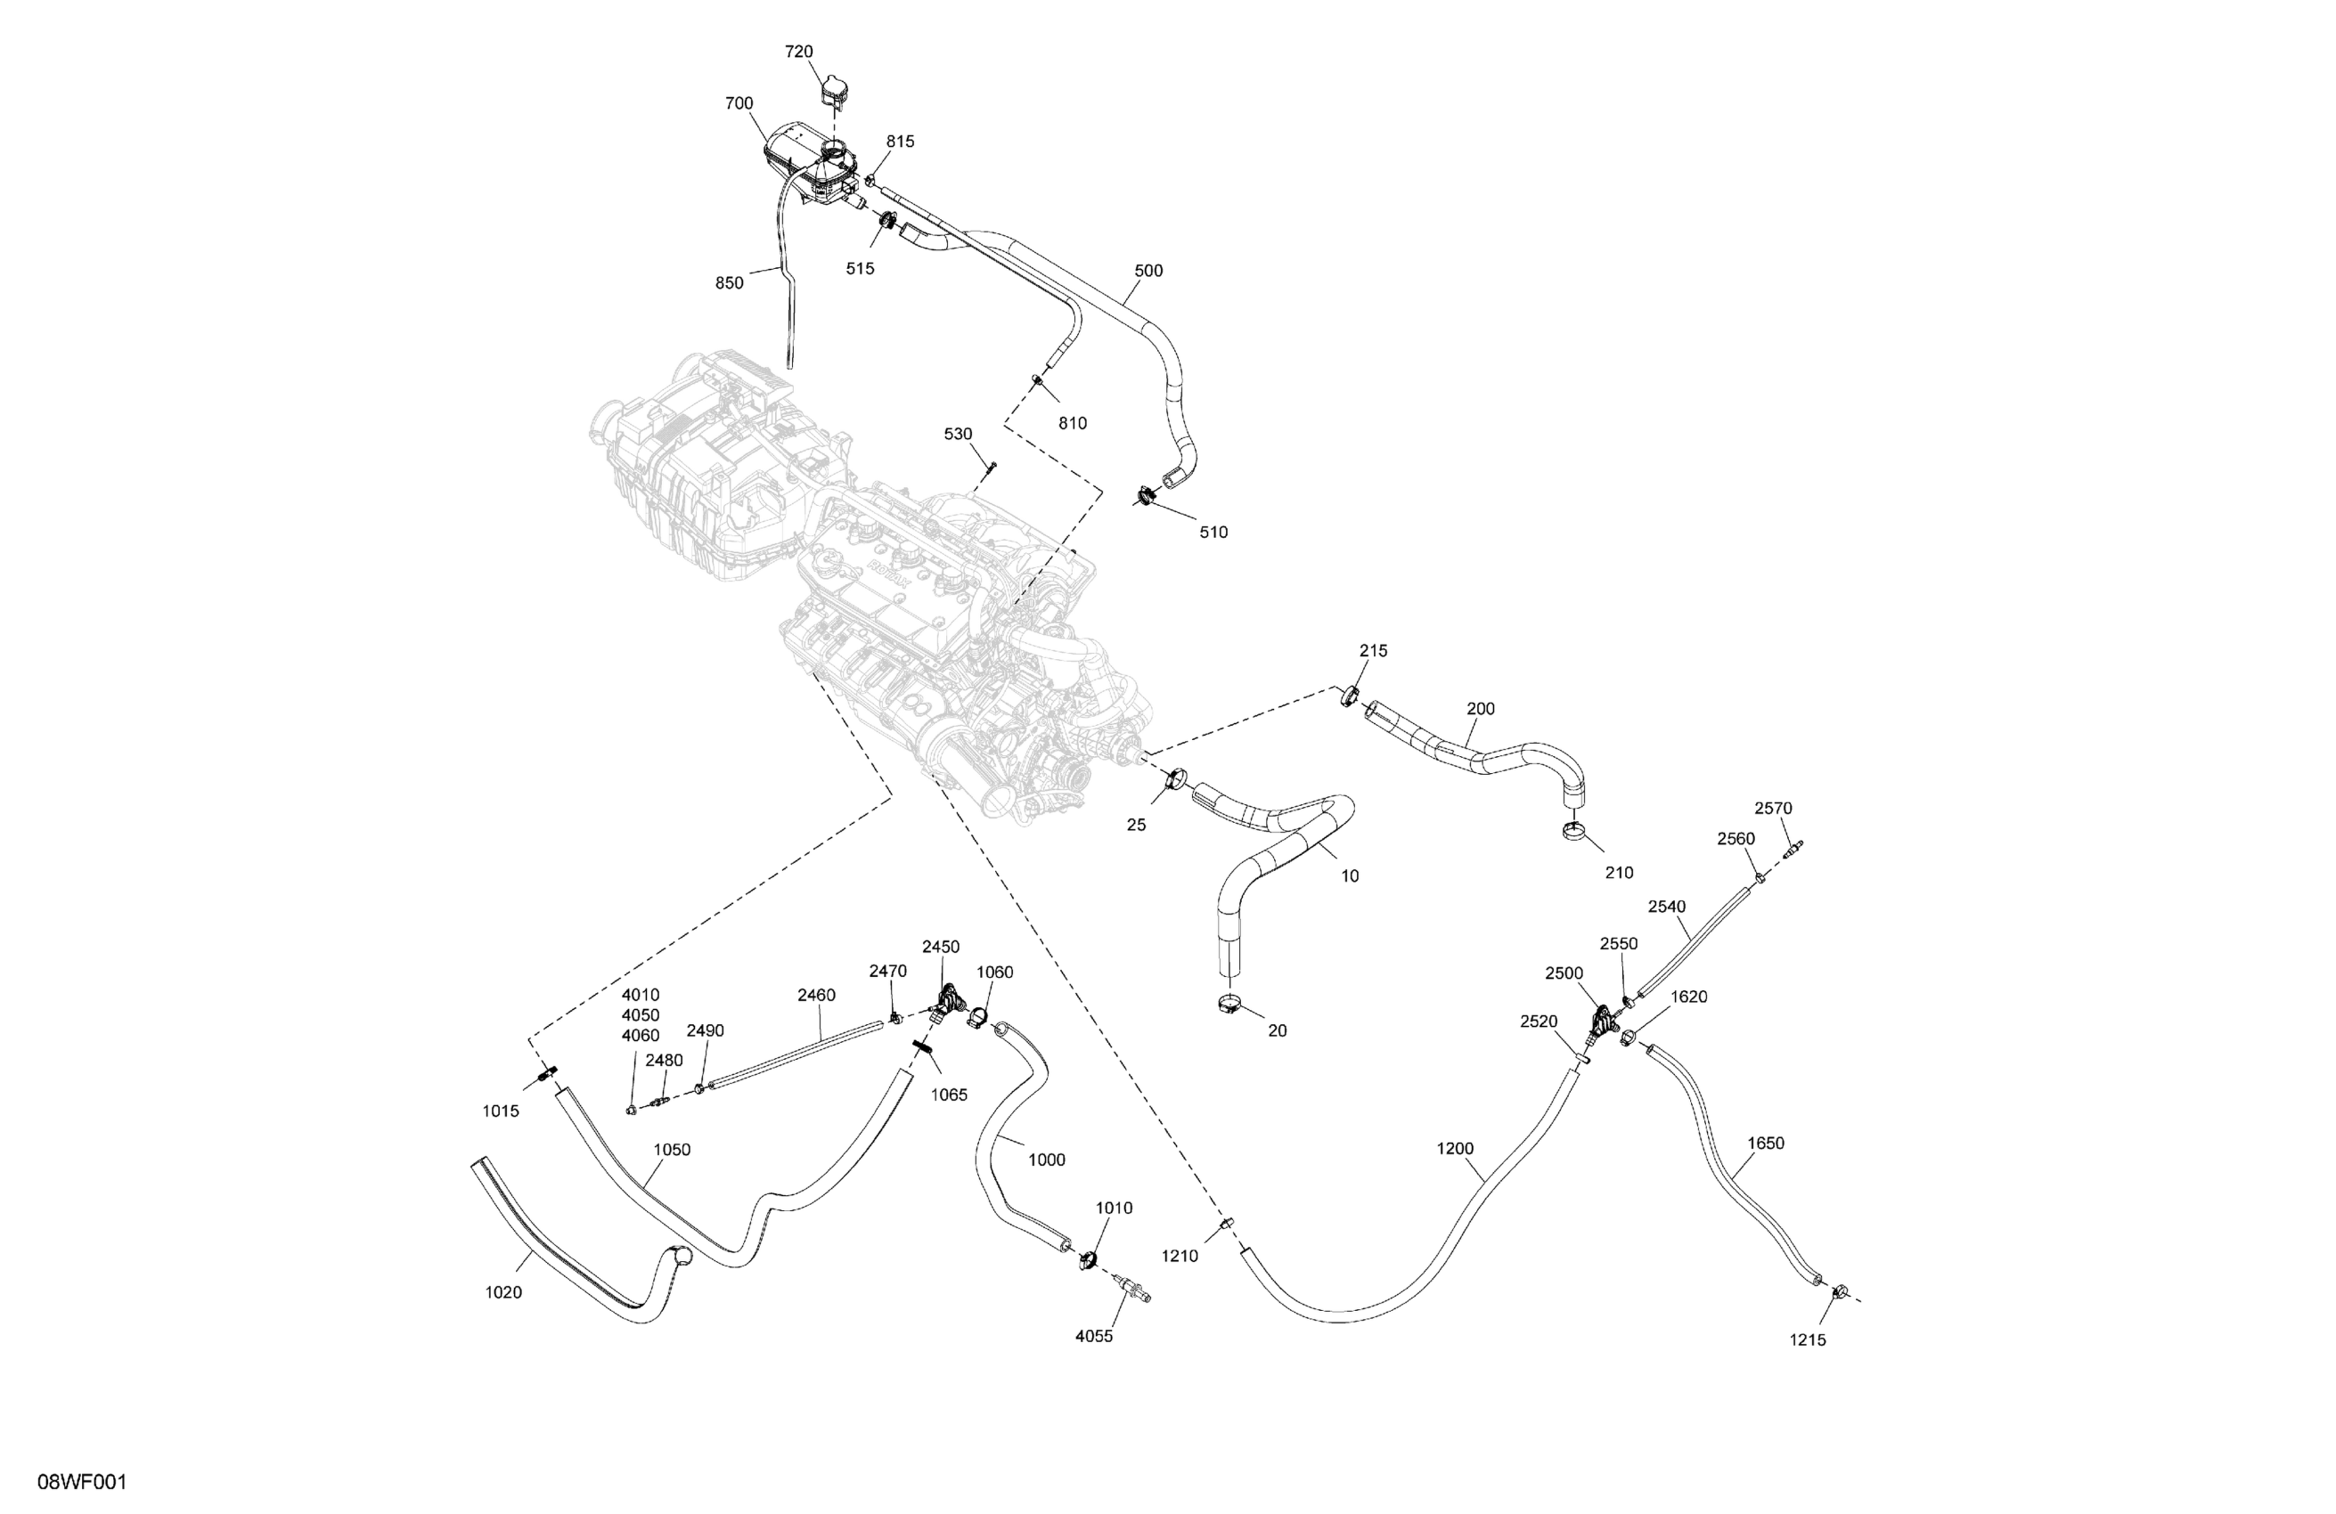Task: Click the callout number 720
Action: pyautogui.click(x=799, y=52)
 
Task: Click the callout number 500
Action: pyautogui.click(x=1148, y=271)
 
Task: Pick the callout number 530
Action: pyautogui.click(x=958, y=434)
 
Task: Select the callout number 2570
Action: pyautogui.click(x=1774, y=809)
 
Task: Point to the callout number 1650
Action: pyautogui.click(x=1766, y=1144)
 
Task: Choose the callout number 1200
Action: pyautogui.click(x=1455, y=1148)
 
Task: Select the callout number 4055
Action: pyautogui.click(x=1094, y=1337)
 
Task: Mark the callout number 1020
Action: pyautogui.click(x=503, y=1292)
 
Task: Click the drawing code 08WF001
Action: pyautogui.click(x=83, y=1482)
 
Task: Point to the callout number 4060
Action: pyautogui.click(x=640, y=1035)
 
